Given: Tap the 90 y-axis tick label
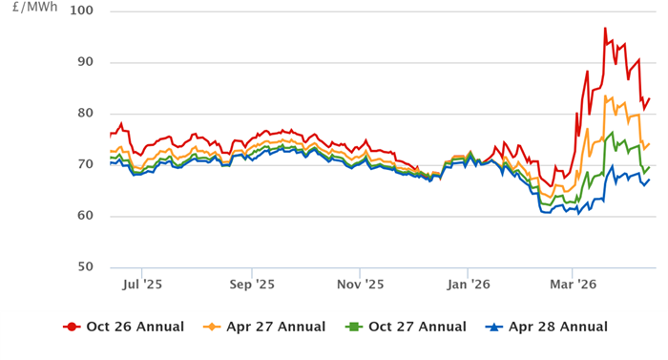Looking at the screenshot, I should (85, 62).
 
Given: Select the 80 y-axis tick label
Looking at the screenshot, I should (85, 114).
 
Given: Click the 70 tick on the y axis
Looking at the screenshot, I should (85, 164).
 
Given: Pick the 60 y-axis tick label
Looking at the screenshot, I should (85, 216).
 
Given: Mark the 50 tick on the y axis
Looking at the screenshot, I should (85, 266).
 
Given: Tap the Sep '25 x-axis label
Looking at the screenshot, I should (253, 284).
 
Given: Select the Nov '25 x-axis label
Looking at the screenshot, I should (362, 284).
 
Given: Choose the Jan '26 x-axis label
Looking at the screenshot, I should (470, 284).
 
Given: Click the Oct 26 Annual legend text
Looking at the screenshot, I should (135, 328).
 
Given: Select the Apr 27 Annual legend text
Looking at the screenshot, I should (276, 328).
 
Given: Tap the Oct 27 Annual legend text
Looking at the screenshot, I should (417, 328).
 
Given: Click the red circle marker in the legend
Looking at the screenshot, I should (72, 328).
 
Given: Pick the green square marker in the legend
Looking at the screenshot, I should (354, 328).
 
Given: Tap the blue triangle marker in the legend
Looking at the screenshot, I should (495, 328).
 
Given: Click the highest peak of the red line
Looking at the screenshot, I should (605, 29).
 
